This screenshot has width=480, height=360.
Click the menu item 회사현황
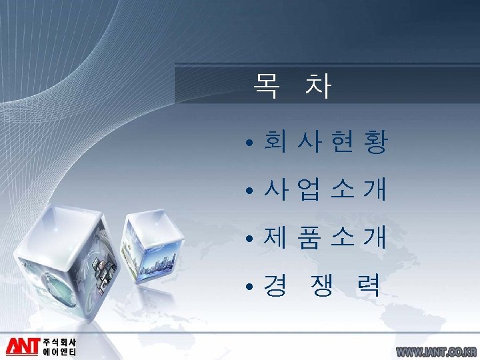[325, 143]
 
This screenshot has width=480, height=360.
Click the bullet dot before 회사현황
[247, 144]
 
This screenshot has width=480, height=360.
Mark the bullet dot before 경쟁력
[247, 287]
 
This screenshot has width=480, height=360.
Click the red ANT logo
[23, 346]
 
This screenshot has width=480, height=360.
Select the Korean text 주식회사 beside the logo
[59, 341]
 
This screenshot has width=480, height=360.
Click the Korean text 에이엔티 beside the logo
[59, 352]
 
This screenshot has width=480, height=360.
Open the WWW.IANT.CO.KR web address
[436, 351]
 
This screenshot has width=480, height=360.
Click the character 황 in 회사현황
[375, 143]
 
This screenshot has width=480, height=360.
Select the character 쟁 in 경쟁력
[322, 286]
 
